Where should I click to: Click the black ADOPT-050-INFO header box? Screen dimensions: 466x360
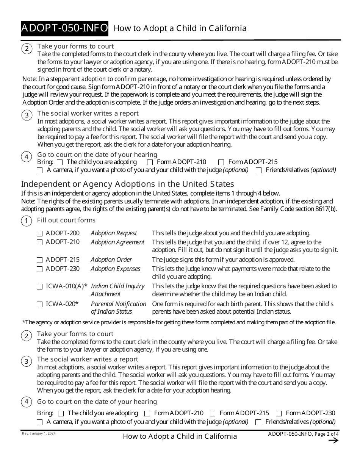click(64, 28)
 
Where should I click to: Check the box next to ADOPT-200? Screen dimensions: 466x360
click(40, 233)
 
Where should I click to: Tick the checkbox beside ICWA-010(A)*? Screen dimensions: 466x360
click(40, 287)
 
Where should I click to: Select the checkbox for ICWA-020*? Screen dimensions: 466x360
click(40, 304)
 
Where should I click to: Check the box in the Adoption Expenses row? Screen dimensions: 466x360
click(40, 269)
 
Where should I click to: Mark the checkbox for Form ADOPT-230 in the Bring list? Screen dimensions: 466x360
click(279, 413)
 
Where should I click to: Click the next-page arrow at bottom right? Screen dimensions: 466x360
click(333, 440)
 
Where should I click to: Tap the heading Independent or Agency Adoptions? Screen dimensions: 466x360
click(127, 184)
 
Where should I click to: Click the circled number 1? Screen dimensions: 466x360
click(27, 221)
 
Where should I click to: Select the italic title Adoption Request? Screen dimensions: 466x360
click(114, 233)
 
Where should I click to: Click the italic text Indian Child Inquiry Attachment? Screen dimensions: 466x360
click(117, 290)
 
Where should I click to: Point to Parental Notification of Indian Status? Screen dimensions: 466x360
click(118, 308)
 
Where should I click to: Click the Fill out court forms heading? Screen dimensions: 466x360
click(66, 220)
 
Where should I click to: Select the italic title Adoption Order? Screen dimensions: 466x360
click(111, 260)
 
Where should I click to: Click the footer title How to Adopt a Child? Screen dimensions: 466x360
click(180, 436)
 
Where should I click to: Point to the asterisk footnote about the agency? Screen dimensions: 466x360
click(179, 322)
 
